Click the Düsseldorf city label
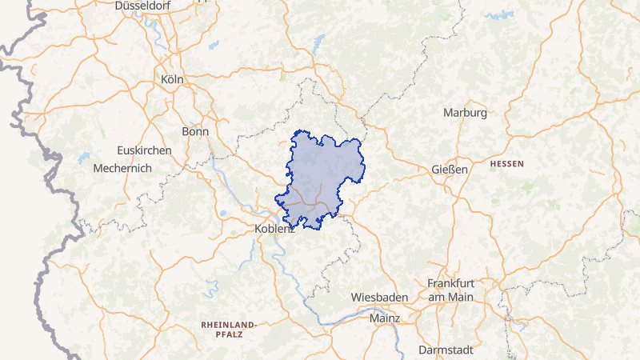[145, 6]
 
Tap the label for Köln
[172, 79]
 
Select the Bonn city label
[195, 132]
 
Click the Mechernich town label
[122, 169]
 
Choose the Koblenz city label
[274, 229]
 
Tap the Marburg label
[465, 113]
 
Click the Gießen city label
[449, 170]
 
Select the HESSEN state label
[506, 163]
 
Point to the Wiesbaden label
[380, 298]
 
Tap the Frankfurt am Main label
[450, 290]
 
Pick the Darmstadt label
[446, 350]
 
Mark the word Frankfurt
[450, 284]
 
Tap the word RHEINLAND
[227, 324]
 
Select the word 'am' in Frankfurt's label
[437, 297]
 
